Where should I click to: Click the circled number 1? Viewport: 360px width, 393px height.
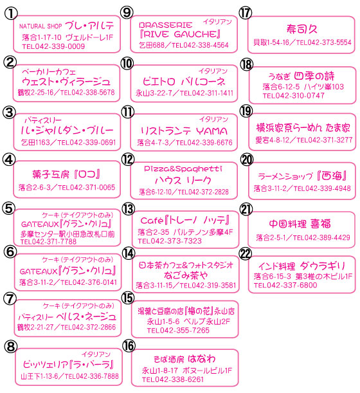[x=11, y=14]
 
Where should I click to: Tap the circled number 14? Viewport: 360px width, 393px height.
[x=129, y=253]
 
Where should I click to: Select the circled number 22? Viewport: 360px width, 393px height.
[x=246, y=253]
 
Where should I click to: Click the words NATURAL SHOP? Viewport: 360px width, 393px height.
[x=40, y=26]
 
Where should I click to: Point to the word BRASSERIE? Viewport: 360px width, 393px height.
[x=166, y=25]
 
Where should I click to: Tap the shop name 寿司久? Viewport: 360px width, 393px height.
[x=301, y=29]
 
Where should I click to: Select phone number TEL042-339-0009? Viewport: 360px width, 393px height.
[x=53, y=46]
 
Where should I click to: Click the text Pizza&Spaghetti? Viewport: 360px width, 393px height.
[x=183, y=169]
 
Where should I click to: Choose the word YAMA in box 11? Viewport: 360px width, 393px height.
[x=212, y=131]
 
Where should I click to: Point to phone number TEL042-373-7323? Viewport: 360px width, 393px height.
[x=170, y=241]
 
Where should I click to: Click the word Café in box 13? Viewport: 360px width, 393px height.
[x=152, y=221]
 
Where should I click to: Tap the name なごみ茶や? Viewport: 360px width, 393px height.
[x=185, y=275]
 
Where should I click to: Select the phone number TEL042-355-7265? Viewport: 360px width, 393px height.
[x=178, y=331]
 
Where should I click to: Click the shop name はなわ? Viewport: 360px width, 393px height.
[x=201, y=359]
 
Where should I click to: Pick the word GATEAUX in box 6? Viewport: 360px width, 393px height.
[x=39, y=271]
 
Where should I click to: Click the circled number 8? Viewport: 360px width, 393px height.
[x=11, y=347]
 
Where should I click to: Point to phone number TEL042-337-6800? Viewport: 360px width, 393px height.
[x=285, y=285]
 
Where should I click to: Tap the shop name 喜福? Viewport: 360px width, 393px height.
[x=320, y=224]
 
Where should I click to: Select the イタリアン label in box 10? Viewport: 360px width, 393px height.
[x=213, y=71]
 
